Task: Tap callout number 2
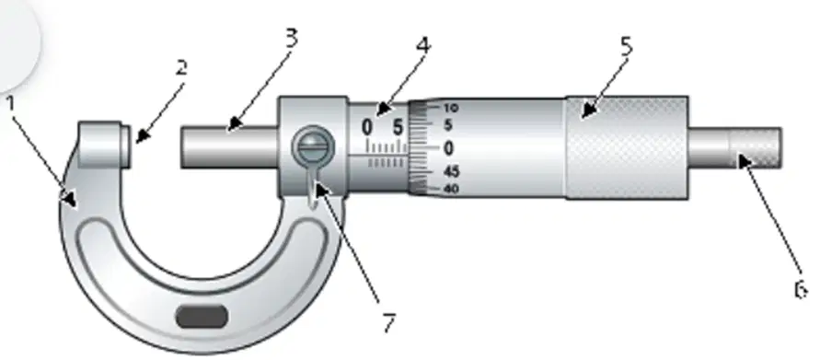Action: pos(181,67)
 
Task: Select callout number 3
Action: pos(292,38)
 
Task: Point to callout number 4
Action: pos(423,45)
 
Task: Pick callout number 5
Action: pos(626,47)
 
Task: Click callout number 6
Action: pos(801,289)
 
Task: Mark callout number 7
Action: pos(388,323)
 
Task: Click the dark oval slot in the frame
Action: pos(202,317)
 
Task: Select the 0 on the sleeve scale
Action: pos(367,127)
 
